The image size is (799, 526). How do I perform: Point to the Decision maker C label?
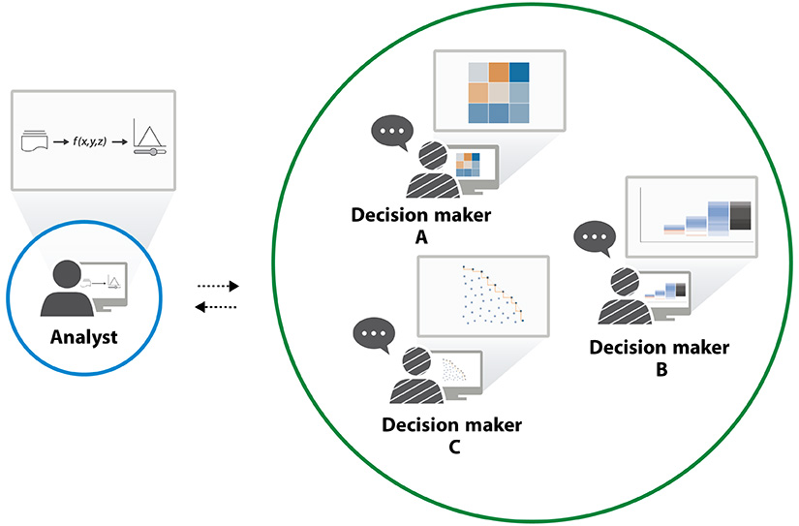click(x=451, y=435)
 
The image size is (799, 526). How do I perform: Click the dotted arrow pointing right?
click(x=218, y=287)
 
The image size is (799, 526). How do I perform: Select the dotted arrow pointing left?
click(x=218, y=307)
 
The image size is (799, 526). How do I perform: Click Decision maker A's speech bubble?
click(x=392, y=133)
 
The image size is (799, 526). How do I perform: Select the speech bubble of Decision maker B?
click(x=594, y=237)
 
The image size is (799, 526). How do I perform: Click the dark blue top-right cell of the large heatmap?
click(x=520, y=74)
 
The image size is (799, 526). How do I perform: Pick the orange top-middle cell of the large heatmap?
click(x=499, y=74)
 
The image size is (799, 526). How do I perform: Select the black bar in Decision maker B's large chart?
click(x=742, y=216)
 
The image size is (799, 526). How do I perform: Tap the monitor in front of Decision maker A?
click(x=470, y=166)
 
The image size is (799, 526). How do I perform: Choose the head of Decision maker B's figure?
click(x=626, y=282)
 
